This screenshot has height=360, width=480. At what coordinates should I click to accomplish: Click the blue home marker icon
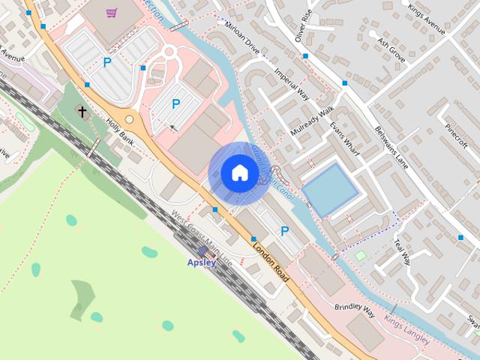(239, 172)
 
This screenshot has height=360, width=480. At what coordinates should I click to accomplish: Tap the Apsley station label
(202, 262)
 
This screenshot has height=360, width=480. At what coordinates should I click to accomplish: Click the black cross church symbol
(81, 112)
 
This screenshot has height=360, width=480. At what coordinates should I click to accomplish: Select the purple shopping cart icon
(112, 12)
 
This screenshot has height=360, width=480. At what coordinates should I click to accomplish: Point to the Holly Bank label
(119, 131)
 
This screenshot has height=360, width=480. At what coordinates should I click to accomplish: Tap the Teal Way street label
(403, 252)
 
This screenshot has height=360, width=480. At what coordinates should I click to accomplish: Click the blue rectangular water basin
(329, 190)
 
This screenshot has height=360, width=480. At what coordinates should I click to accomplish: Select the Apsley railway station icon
(203, 251)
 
